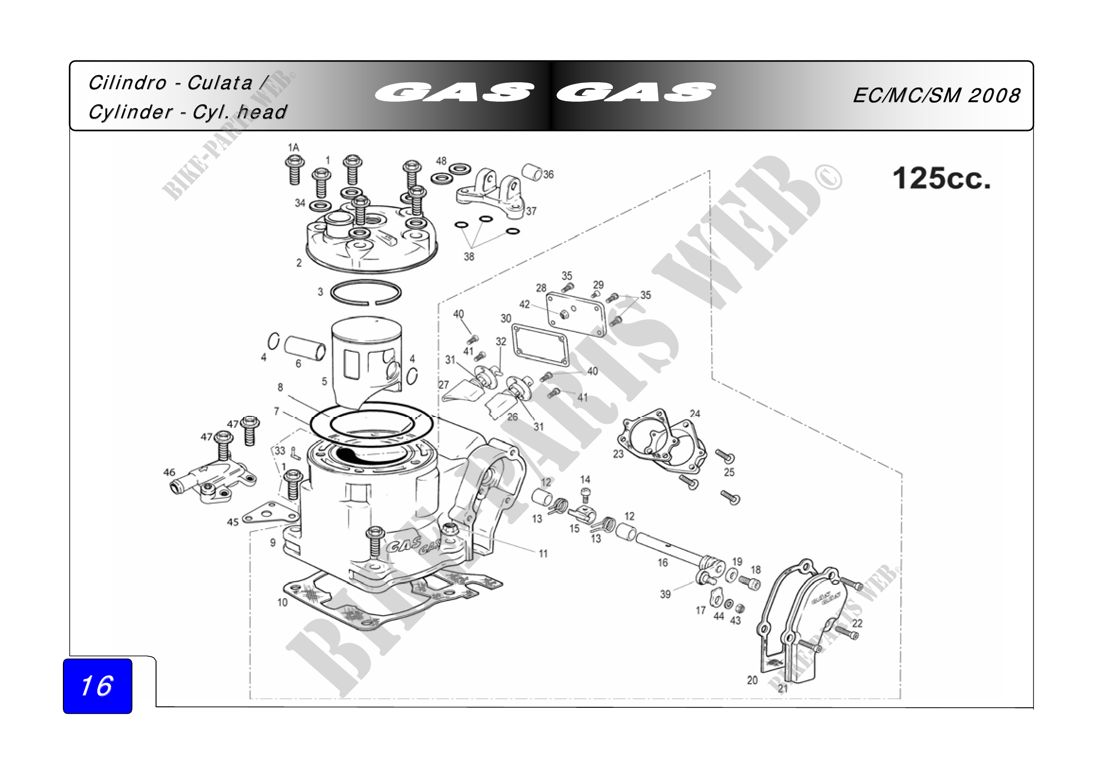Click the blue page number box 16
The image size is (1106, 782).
(97, 686)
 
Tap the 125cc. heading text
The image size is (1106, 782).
(941, 179)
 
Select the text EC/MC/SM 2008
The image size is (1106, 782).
(936, 96)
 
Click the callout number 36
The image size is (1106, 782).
(549, 175)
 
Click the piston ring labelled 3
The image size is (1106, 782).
(366, 292)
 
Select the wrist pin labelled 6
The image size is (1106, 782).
(305, 348)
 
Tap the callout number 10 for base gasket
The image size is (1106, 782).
(282, 602)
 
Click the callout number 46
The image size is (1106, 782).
(169, 472)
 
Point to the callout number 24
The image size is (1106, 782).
(695, 414)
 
